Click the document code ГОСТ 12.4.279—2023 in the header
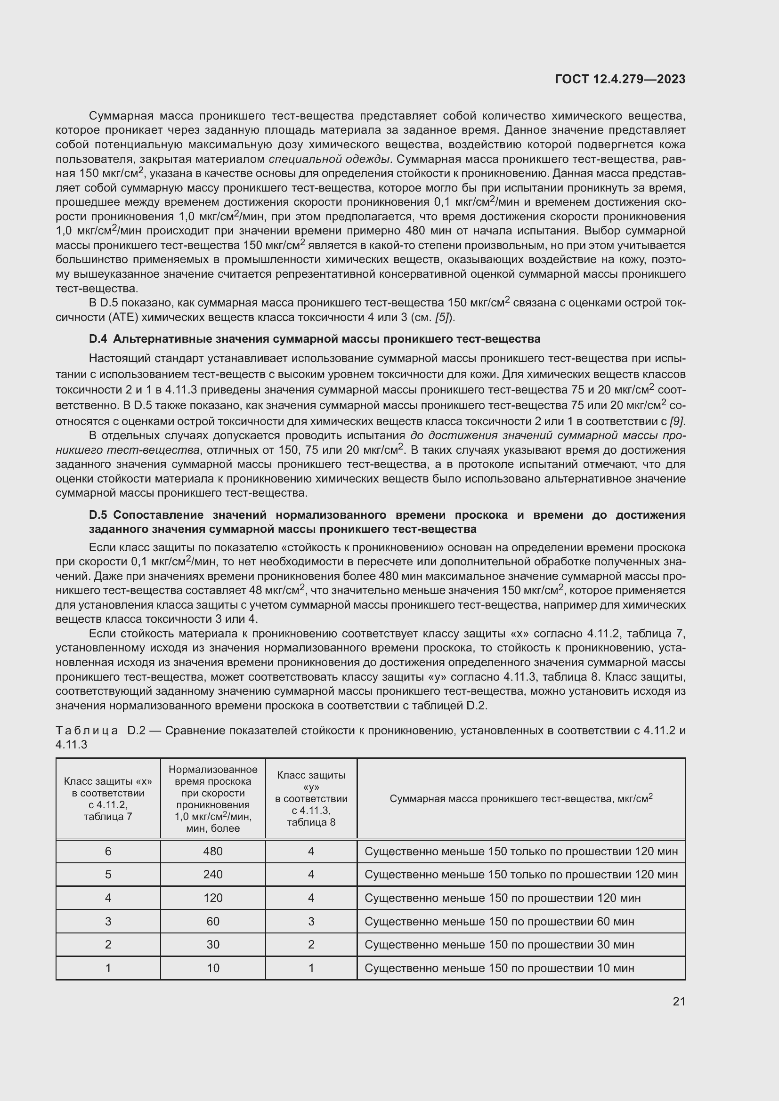point(620,79)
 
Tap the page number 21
point(679,1001)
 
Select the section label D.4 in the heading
point(98,339)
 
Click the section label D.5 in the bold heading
point(98,515)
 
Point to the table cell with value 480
point(212,851)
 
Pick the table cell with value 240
point(212,874)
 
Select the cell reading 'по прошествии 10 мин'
point(499,968)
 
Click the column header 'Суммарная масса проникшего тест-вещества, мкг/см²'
point(521,798)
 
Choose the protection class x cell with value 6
point(108,851)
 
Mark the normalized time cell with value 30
point(212,944)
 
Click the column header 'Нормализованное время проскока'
point(212,798)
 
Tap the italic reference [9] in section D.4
point(677,421)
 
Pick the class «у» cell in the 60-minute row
point(311,921)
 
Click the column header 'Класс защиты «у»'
point(311,798)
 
